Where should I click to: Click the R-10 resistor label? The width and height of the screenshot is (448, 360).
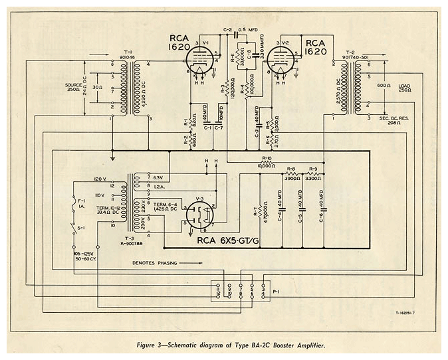point(267,159)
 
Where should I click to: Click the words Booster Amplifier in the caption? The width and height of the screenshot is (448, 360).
point(292,344)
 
